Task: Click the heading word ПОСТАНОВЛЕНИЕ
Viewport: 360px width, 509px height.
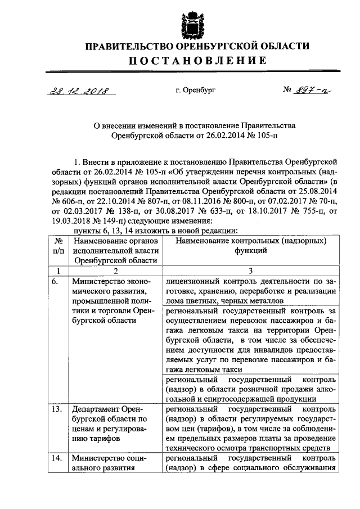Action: click(193, 61)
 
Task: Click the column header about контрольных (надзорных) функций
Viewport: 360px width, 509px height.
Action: click(250, 245)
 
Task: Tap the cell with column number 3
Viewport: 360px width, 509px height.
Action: click(250, 271)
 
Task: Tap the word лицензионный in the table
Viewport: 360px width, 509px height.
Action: click(193, 281)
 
